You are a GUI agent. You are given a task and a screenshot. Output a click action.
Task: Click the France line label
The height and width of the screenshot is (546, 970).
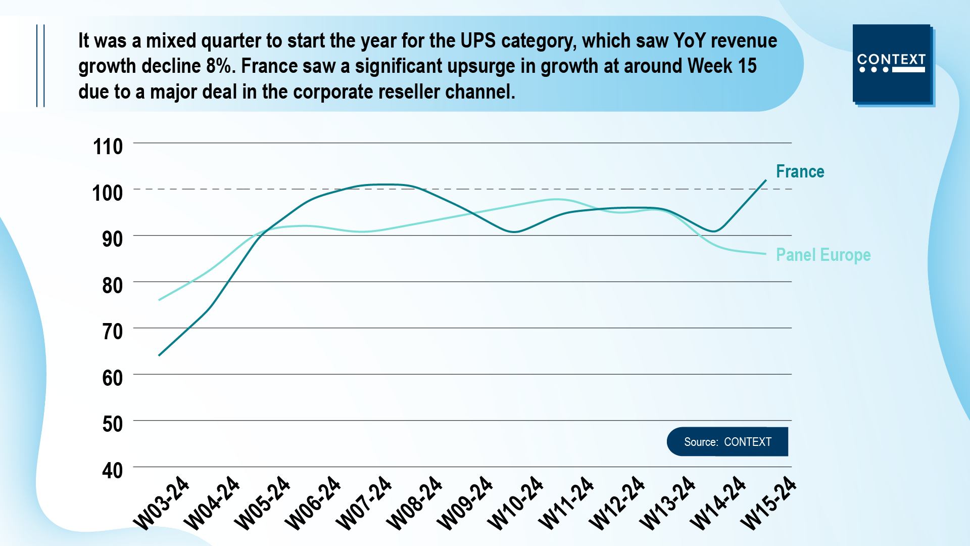tap(800, 172)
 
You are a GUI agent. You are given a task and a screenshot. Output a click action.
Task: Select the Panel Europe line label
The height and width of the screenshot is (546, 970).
tap(823, 255)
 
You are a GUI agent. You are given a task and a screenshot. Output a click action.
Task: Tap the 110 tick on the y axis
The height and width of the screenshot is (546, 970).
tap(108, 147)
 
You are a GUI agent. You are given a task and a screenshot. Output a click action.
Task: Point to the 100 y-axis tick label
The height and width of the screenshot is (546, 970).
tap(107, 193)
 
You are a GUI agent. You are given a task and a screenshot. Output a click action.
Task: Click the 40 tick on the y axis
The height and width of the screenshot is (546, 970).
tap(112, 471)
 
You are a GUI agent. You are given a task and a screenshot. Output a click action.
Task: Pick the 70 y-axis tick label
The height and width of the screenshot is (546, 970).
tap(112, 332)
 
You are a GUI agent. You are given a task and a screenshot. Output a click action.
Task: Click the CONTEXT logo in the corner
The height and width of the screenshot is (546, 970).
tap(892, 64)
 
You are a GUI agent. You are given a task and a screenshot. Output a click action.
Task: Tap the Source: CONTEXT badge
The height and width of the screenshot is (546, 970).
tap(727, 442)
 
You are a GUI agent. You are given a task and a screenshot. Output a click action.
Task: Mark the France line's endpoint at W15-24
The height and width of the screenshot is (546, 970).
tap(766, 180)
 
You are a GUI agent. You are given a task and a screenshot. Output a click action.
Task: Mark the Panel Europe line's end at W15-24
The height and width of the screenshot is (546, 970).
tap(766, 254)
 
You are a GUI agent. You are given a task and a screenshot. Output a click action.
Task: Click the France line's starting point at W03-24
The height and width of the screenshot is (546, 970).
tap(159, 355)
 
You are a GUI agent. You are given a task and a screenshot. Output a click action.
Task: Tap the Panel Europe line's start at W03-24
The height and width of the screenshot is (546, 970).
tap(159, 300)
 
